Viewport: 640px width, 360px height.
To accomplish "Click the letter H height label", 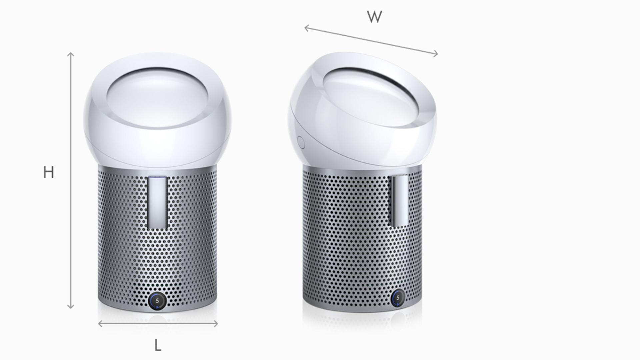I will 49,172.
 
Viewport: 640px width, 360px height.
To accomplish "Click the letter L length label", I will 158,345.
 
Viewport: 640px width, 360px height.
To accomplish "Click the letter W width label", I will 374,17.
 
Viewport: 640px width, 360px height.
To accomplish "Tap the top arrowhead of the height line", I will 70,53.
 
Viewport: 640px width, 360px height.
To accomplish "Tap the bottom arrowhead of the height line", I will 70,307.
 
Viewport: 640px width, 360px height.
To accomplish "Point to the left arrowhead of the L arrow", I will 100,323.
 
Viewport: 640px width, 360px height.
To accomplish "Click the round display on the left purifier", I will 157,301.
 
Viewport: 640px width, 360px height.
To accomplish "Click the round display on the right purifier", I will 398,298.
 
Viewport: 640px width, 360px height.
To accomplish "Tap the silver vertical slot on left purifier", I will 157,203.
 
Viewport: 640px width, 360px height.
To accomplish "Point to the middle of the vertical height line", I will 70,180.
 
